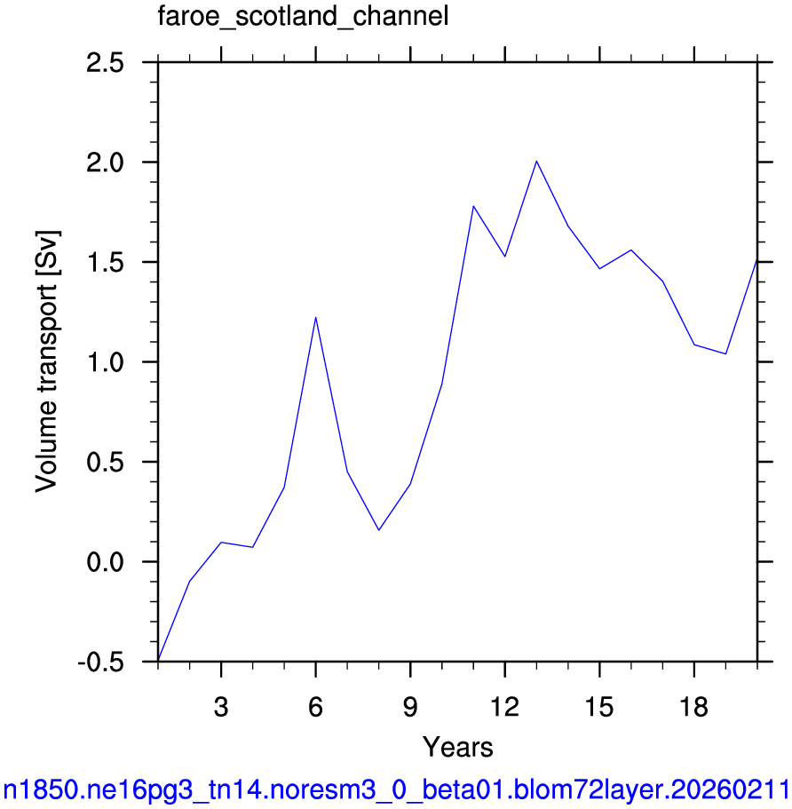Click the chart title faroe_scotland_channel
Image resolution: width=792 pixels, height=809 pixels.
tap(303, 17)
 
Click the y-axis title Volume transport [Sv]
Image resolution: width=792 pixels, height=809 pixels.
tap(47, 361)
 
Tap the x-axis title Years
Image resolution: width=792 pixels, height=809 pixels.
tap(457, 747)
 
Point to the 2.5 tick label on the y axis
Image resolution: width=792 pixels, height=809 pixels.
tap(106, 63)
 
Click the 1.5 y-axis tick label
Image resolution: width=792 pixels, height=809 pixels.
tap(106, 263)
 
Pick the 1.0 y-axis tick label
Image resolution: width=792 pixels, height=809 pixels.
tap(106, 362)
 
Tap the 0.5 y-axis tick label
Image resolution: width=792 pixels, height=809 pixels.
tap(106, 463)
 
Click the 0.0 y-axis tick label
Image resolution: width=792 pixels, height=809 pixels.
tap(106, 562)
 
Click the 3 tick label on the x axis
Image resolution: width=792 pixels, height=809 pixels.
tap(221, 707)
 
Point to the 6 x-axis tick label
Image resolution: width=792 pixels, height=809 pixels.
tap(316, 707)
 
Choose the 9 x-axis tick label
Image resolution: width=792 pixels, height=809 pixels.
tap(410, 707)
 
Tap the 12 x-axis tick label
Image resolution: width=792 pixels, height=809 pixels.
tap(504, 707)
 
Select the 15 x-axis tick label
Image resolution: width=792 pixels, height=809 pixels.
tap(599, 707)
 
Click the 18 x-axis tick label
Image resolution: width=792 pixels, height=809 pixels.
tap(694, 707)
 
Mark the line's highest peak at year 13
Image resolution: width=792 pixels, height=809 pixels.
tap(536, 161)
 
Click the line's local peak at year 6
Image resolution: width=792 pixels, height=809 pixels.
tap(316, 317)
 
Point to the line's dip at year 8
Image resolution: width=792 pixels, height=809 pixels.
tap(379, 530)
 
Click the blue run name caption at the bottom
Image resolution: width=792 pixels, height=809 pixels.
tap(396, 790)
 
